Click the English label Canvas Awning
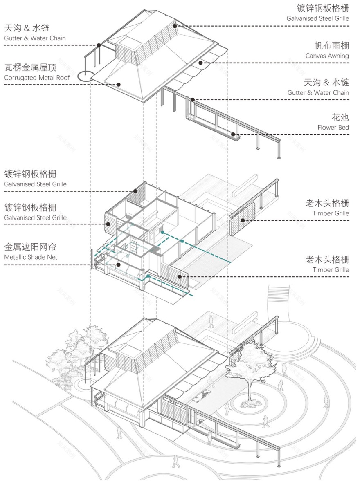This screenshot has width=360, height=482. [327, 56]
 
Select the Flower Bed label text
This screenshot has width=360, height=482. [333, 127]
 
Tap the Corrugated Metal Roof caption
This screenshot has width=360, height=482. [37, 77]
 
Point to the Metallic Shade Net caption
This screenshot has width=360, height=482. [30, 257]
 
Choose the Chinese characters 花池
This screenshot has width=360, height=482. [340, 117]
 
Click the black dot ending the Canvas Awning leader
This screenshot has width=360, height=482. [201, 63]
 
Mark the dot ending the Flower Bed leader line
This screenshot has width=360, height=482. [233, 134]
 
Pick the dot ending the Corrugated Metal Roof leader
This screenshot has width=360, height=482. [118, 85]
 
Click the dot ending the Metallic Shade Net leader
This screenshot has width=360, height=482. [118, 265]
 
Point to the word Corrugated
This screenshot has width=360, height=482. [19, 77]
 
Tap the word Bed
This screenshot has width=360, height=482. [343, 127]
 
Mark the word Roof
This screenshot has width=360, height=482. [63, 77]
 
